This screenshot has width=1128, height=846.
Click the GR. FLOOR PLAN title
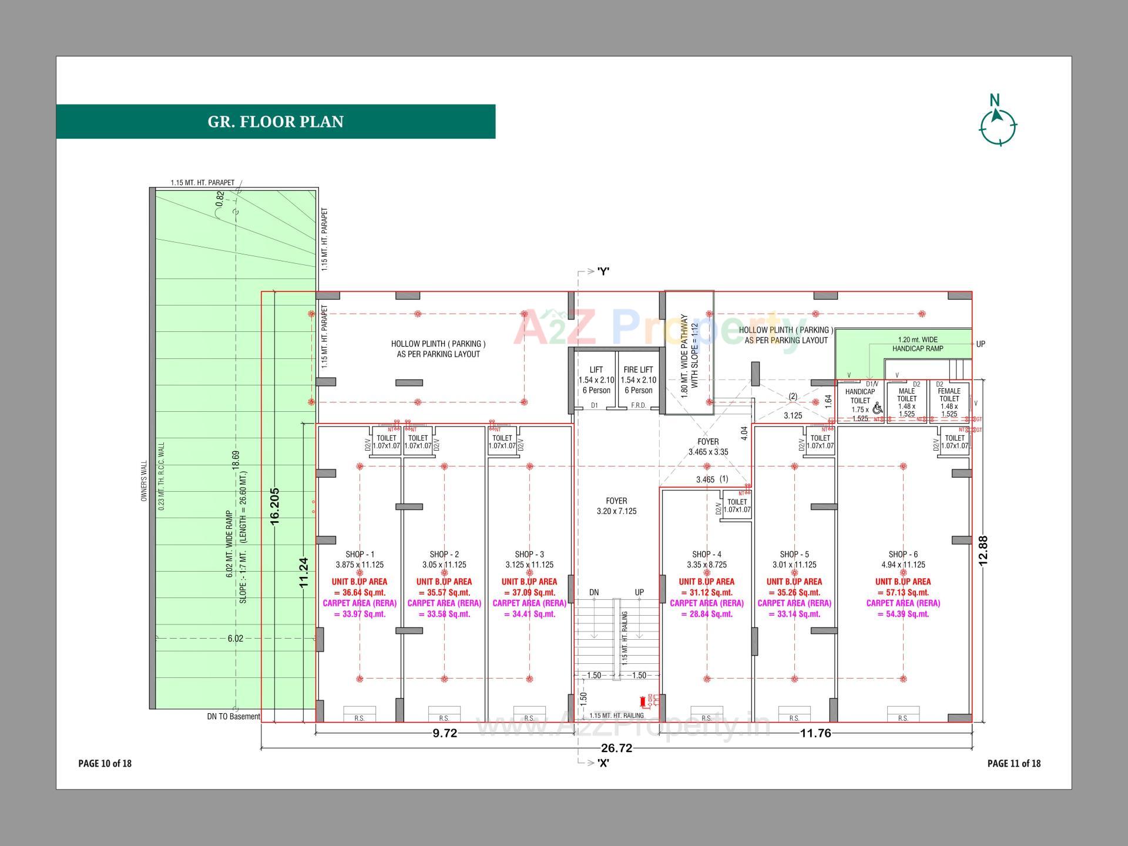(x=276, y=122)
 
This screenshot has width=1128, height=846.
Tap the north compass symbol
(x=998, y=125)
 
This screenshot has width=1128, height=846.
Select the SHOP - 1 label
(x=360, y=554)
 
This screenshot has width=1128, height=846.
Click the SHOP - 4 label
(x=706, y=554)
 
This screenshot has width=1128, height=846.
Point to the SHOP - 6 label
(x=903, y=554)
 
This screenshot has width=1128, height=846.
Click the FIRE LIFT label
(x=638, y=370)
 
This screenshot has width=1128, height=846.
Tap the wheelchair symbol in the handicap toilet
(x=877, y=408)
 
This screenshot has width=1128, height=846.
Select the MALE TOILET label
(x=907, y=395)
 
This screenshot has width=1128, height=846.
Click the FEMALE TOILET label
(x=949, y=395)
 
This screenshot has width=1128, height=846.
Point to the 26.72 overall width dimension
(x=616, y=748)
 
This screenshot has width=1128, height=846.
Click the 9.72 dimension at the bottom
(x=445, y=733)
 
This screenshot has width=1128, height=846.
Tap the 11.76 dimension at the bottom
(x=815, y=733)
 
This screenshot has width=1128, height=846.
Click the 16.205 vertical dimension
(x=274, y=505)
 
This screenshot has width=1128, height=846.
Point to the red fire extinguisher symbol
(x=644, y=700)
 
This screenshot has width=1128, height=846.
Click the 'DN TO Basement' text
(x=233, y=716)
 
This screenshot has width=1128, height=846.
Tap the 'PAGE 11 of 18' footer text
(x=1013, y=763)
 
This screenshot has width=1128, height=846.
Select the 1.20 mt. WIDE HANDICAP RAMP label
(x=918, y=344)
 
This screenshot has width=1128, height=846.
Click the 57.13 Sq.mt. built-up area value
(x=903, y=592)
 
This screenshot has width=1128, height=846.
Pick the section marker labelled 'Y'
(x=603, y=271)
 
